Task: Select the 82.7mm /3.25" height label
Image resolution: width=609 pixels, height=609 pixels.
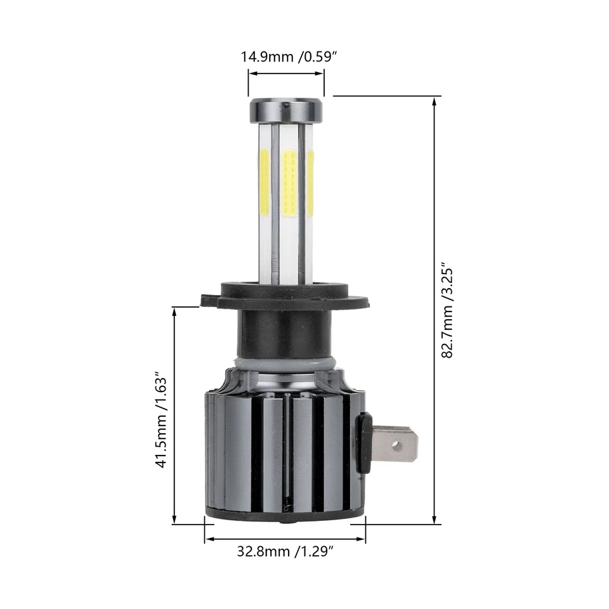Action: (449, 310)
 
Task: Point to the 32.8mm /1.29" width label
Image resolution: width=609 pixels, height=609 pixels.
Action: (285, 551)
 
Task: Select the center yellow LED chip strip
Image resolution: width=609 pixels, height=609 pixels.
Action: (289, 183)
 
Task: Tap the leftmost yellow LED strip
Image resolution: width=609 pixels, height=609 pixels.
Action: (265, 181)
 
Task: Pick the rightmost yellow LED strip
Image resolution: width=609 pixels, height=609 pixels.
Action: (310, 182)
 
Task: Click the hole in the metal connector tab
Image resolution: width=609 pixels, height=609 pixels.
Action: (396, 446)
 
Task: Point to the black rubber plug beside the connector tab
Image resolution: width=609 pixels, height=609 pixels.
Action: (364, 442)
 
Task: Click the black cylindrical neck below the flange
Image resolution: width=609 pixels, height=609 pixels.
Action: (284, 333)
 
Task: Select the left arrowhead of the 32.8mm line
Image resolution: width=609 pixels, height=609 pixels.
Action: (209, 540)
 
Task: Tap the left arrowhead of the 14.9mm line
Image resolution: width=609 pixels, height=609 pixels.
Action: (252, 74)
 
